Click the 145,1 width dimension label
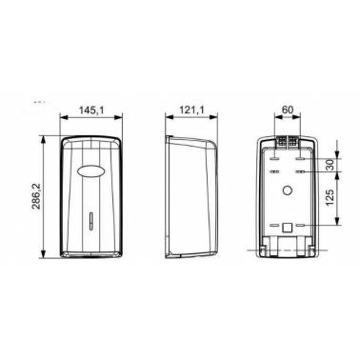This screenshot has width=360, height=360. [x=91, y=110]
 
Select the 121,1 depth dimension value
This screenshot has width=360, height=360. [x=191, y=110]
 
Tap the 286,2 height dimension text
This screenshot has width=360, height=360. [x=36, y=196]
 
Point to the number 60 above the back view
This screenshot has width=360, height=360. [x=287, y=110]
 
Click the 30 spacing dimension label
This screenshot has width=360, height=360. [x=330, y=165]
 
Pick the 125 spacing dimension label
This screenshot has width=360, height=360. [x=330, y=198]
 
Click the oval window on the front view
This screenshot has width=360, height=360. [x=91, y=170]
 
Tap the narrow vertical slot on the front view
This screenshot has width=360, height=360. [x=91, y=220]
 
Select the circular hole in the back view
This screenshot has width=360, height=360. [x=288, y=190]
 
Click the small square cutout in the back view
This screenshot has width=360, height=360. [x=287, y=228]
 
